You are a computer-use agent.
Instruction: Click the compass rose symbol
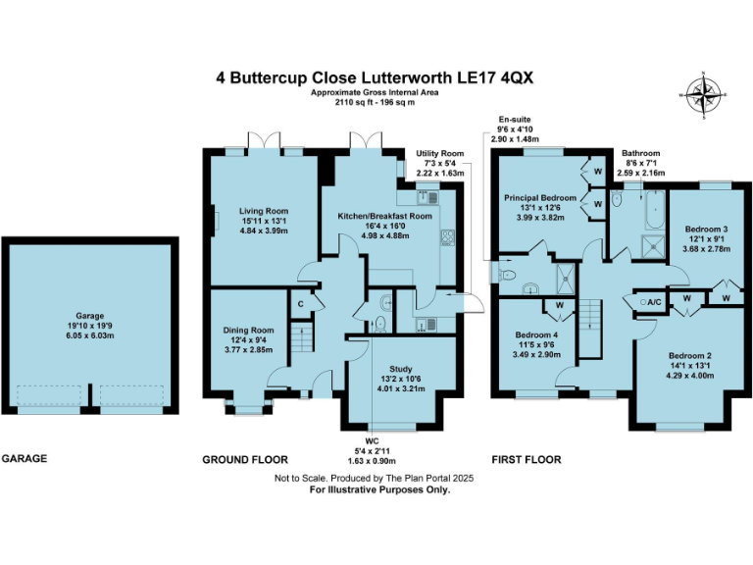coord(704,94)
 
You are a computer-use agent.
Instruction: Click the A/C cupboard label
coord(654,302)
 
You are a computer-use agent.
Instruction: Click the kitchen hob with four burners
coord(447,237)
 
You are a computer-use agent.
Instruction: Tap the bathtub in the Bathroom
coord(655,210)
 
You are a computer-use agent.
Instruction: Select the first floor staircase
coord(590,329)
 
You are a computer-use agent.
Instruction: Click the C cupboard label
coord(301,304)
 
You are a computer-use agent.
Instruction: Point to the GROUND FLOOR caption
coord(245,460)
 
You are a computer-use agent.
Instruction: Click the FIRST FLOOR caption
coord(527,460)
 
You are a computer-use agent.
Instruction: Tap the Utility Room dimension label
coord(440,164)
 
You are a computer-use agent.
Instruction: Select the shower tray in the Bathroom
coord(654,246)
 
